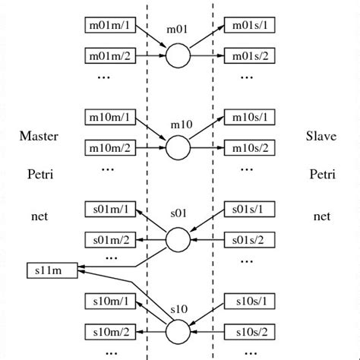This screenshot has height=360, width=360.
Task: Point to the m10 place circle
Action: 178,147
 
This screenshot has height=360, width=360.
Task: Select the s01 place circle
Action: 178,240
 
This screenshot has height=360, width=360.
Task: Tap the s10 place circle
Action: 178,332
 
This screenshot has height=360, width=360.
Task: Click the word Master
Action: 39,137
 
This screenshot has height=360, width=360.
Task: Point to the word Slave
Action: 321,137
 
